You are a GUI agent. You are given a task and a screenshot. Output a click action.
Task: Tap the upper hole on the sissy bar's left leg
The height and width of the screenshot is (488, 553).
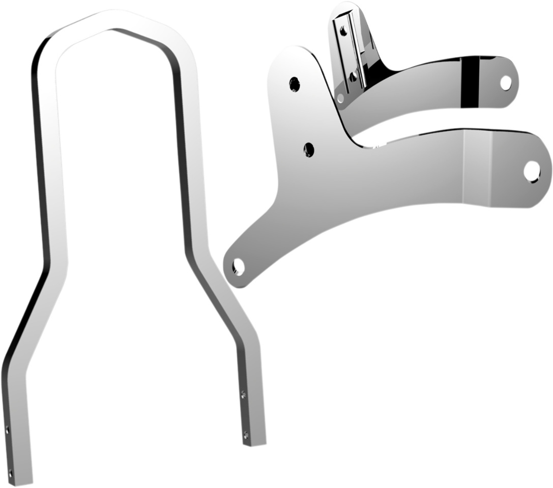click(7, 430)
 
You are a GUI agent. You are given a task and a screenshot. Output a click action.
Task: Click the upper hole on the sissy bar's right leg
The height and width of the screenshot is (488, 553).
click(243, 394)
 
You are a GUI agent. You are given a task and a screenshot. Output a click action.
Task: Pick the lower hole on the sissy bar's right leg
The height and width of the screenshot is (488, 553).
click(246, 435)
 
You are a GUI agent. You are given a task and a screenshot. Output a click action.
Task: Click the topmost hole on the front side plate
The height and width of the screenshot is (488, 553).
click(294, 84)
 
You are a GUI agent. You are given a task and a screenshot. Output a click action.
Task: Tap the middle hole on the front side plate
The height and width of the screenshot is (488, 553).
click(309, 149)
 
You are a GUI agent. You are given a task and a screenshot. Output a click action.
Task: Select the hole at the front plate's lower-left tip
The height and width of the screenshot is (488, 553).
click(238, 266)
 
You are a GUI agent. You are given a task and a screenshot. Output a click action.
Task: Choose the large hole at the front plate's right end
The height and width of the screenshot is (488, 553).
click(532, 171)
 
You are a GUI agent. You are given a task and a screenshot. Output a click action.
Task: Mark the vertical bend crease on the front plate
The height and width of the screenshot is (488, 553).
click(463, 168)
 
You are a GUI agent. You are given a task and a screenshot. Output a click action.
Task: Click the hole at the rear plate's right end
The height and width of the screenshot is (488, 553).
click(505, 82)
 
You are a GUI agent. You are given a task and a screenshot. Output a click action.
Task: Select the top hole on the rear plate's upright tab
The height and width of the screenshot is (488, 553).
click(344, 32)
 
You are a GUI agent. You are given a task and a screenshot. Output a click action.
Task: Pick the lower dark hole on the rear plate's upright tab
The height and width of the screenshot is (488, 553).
click(353, 77)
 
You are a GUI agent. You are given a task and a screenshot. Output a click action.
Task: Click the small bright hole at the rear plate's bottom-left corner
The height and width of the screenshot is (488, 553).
click(340, 98)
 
